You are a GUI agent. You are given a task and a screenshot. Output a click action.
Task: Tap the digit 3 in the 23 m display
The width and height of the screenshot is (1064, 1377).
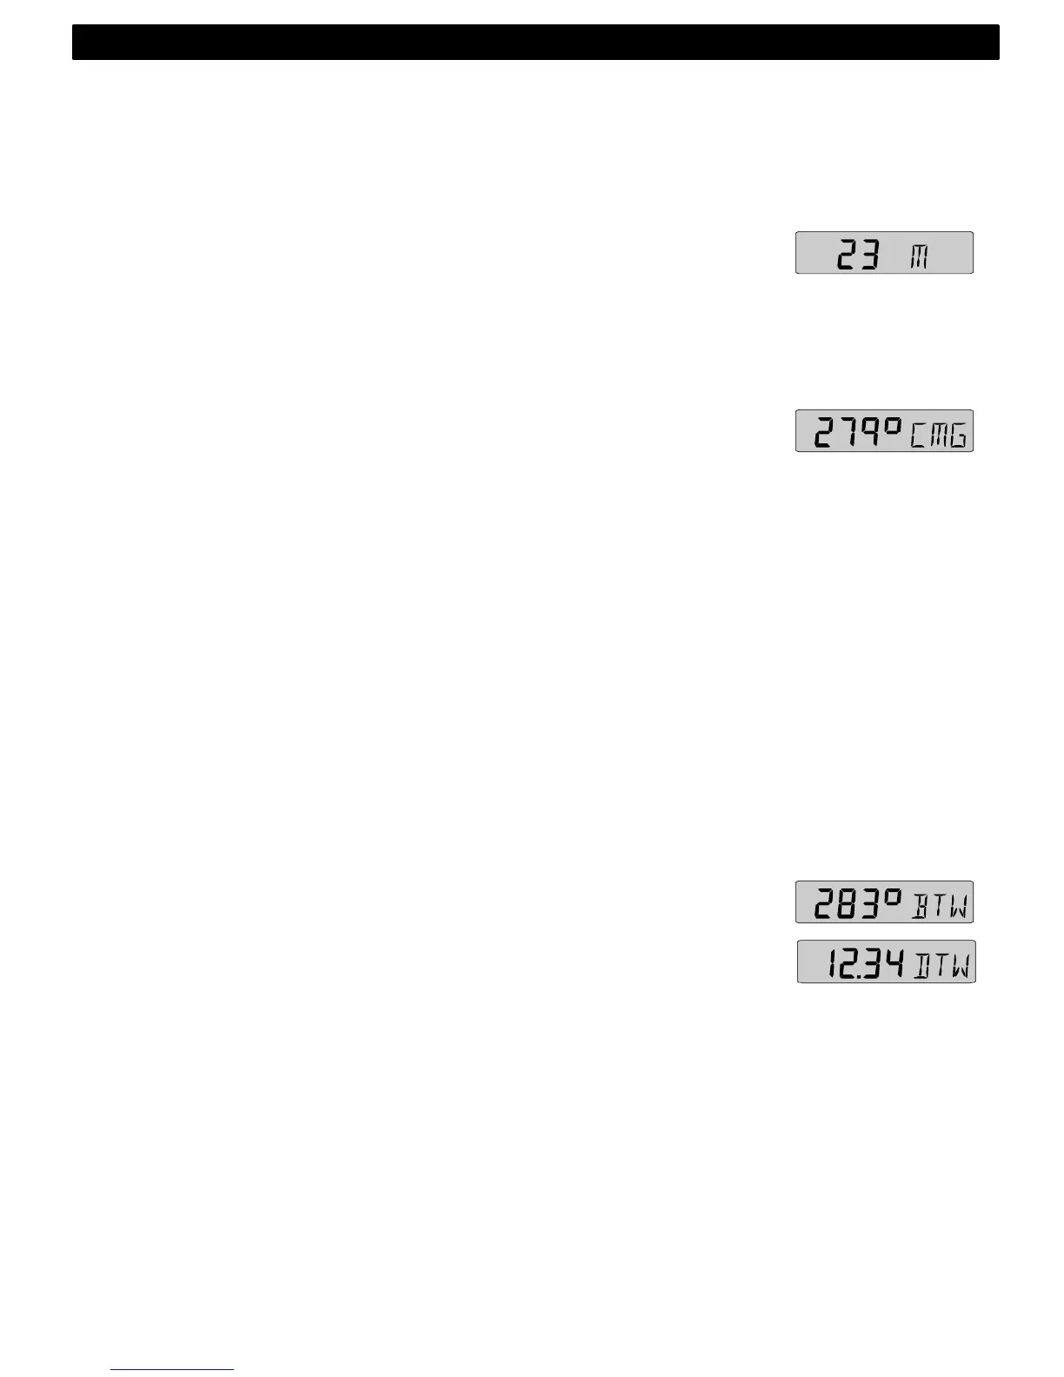[x=869, y=255]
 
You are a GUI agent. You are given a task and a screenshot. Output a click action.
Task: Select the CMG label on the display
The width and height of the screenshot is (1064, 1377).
[x=938, y=434]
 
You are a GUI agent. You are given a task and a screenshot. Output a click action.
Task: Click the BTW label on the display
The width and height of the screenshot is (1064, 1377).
[x=940, y=905]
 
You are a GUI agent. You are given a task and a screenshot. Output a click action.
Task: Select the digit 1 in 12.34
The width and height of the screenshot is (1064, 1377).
[x=832, y=963]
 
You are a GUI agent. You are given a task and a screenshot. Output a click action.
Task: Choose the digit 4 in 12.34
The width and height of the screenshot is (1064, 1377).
[x=894, y=963]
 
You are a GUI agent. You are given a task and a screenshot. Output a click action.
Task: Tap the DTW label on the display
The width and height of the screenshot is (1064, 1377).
[x=942, y=965]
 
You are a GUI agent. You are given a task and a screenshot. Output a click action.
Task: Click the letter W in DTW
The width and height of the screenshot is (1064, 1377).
[x=960, y=965]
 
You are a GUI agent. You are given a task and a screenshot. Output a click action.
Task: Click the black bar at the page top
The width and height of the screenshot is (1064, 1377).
[x=535, y=43]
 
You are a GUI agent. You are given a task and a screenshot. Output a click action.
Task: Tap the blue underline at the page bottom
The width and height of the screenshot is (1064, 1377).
[x=172, y=1369]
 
